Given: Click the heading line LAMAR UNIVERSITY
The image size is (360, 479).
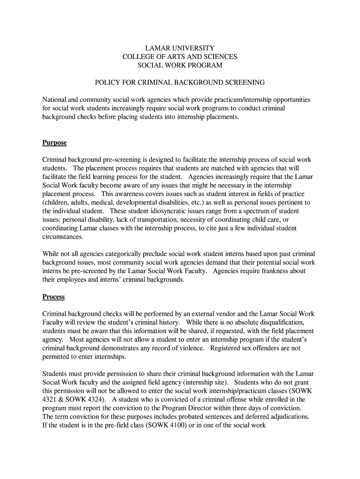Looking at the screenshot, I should tap(180, 48).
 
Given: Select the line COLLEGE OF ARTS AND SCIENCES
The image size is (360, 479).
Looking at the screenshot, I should tap(180, 57).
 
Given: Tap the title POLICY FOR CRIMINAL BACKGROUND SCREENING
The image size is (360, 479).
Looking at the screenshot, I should tap(180, 82).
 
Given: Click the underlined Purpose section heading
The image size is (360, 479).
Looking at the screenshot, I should tap(55, 143).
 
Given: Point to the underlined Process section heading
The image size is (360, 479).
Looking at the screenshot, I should tap(53, 297).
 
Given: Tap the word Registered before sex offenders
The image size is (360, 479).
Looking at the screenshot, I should tap(227, 348).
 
